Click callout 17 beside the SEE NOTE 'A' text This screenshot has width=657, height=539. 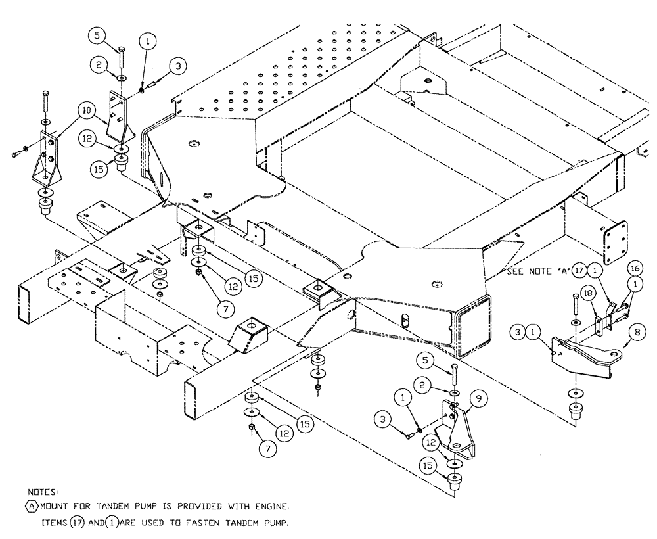point(579,269)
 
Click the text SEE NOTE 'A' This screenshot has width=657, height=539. point(537,271)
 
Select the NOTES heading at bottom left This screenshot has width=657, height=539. point(44,490)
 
